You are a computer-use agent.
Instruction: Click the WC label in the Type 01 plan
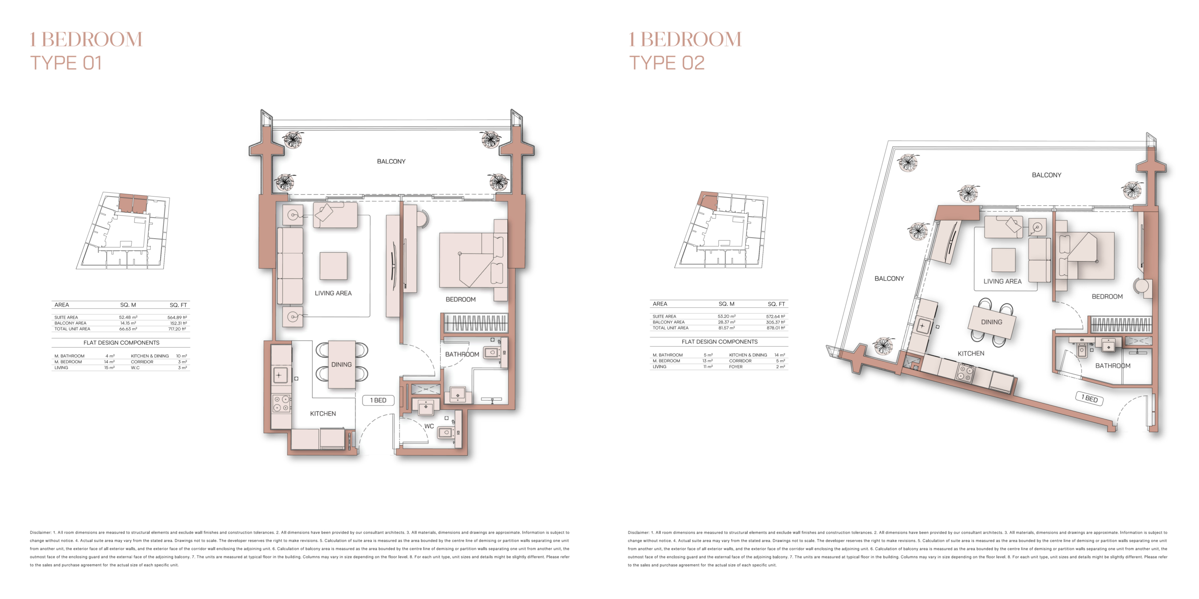click(429, 426)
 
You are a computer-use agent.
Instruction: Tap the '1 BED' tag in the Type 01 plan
click(378, 401)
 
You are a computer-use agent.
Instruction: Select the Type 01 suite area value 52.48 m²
click(128, 317)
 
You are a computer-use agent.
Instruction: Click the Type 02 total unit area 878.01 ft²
click(776, 328)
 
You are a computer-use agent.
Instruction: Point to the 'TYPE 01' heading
click(66, 63)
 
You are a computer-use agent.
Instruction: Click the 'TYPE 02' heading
click(666, 63)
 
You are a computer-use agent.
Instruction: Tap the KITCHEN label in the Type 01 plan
click(323, 414)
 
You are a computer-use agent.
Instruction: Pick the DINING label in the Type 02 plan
click(992, 322)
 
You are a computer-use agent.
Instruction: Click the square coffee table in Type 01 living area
click(333, 266)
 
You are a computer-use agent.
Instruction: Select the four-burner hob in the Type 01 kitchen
click(281, 403)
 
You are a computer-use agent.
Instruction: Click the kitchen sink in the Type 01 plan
click(280, 375)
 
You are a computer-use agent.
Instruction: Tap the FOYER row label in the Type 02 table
click(735, 367)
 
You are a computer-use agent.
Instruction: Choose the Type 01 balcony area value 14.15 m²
click(128, 323)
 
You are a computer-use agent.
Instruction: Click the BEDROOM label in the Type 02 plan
click(1107, 297)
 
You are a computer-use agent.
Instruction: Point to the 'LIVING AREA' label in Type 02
click(1002, 281)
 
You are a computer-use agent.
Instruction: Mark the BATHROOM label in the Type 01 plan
click(462, 354)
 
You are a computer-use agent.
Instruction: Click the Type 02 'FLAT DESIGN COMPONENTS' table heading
click(719, 342)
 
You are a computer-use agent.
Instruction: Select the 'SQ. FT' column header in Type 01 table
click(178, 305)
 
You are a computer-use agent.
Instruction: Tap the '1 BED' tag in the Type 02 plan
click(1089, 398)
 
